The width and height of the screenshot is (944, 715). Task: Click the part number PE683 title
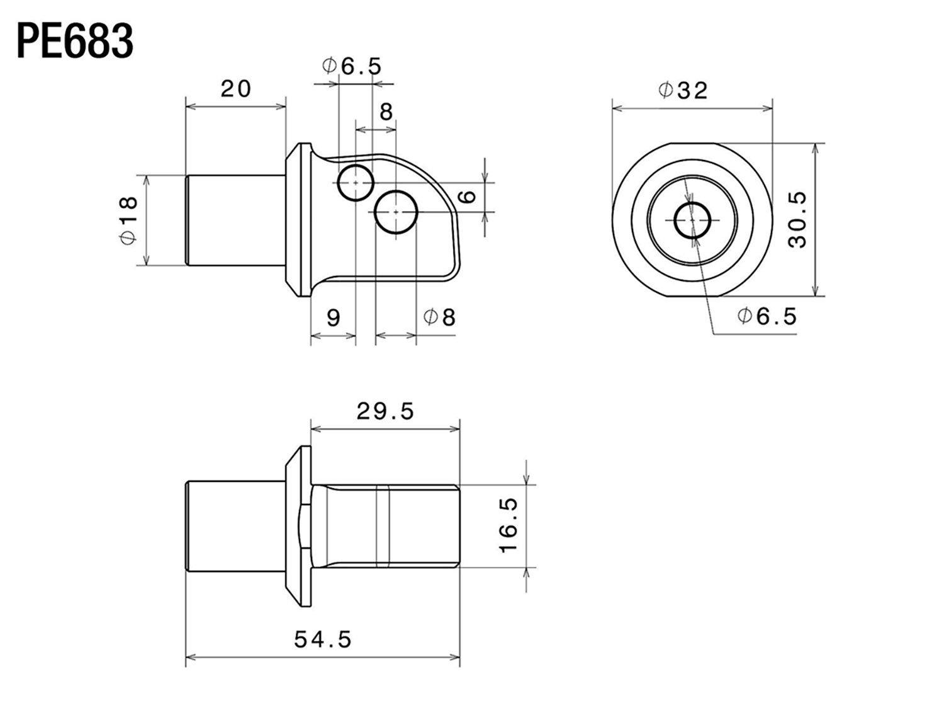[75, 41]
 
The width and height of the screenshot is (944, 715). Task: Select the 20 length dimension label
[235, 89]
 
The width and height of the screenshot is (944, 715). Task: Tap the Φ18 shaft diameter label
[128, 220]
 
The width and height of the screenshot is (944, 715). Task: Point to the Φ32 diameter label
[683, 90]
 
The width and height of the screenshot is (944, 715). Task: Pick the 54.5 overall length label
[323, 639]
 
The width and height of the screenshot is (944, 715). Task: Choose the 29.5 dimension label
[385, 411]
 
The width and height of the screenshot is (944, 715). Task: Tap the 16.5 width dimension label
[508, 525]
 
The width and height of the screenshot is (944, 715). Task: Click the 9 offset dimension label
[334, 318]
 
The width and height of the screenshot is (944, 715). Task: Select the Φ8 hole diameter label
[439, 317]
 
